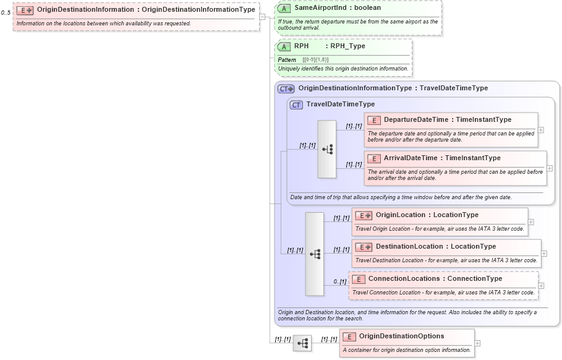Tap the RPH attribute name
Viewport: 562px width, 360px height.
coord(301,46)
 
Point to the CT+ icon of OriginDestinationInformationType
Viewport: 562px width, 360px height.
coord(286,88)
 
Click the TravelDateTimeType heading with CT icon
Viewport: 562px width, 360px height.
coord(340,105)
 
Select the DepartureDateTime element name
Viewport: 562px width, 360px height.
coord(417,120)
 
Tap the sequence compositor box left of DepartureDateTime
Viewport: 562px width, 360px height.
coord(326,149)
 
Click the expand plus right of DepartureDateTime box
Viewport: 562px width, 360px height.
coord(541,130)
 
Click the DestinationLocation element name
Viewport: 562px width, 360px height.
coord(409,247)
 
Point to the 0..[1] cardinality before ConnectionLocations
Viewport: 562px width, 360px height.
coord(339,281)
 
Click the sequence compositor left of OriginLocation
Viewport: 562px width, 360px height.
coord(314,254)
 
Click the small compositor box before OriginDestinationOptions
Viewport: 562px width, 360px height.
coord(302,343)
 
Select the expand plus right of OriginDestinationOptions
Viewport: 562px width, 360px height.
coord(477,343)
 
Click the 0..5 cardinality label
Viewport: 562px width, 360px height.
coord(6,12)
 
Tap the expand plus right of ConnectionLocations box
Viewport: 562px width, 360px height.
coord(541,285)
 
